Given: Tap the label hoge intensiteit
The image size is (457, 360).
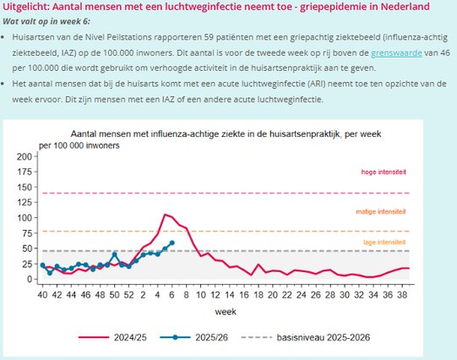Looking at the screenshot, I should pyautogui.click(x=384, y=172).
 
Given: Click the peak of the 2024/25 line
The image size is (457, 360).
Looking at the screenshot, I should pyautogui.click(x=166, y=215).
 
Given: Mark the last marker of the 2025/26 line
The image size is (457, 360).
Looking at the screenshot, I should pyautogui.click(x=172, y=243).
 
